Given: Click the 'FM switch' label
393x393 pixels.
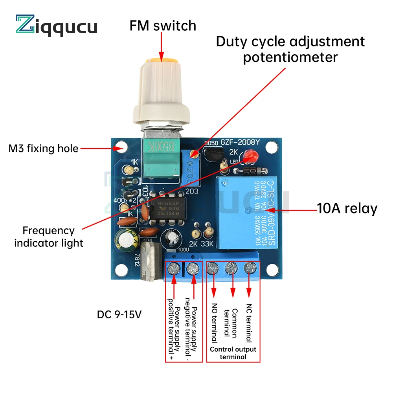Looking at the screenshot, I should click(x=163, y=26).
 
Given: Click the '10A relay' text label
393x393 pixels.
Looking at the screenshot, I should click(x=347, y=208).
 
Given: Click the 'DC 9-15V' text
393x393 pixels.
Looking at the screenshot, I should click(x=119, y=315).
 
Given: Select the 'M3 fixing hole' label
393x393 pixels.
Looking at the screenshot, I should click(x=43, y=149).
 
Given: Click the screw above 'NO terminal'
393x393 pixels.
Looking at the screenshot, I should click(x=213, y=269).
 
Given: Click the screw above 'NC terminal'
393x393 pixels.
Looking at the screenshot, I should click(x=249, y=269).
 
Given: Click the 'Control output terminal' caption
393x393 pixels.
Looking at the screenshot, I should click(x=233, y=353).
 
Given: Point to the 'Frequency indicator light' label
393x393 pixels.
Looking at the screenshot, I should click(x=49, y=237).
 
